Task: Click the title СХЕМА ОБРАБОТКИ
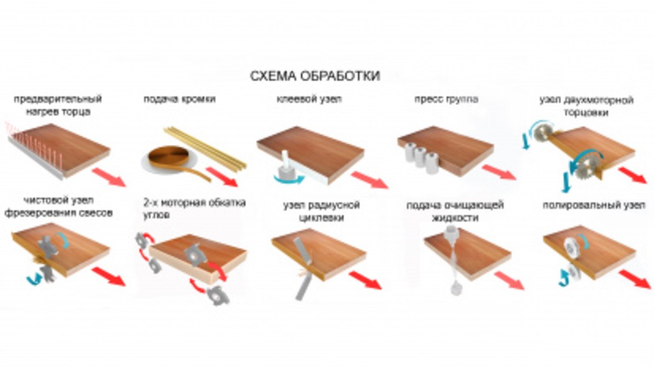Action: pyautogui.click(x=315, y=77)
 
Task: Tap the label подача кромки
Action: pyautogui.click(x=179, y=100)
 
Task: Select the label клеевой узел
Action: pyautogui.click(x=309, y=100)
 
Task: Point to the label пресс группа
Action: pyautogui.click(x=446, y=100)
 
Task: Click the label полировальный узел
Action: pyautogui.click(x=593, y=205)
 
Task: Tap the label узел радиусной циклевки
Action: pyautogui.click(x=321, y=211)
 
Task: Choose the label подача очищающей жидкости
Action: pyautogui.click(x=455, y=211)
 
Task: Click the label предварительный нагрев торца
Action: pyautogui.click(x=58, y=105)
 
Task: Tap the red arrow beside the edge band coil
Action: pyautogui.click(x=222, y=176)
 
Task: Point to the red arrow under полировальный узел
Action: pyautogui.click(x=634, y=278)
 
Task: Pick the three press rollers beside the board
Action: pyautogui.click(x=421, y=157)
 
